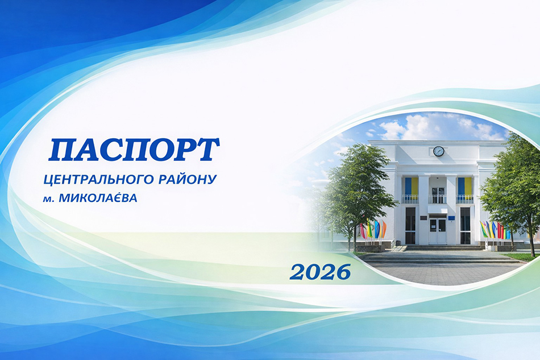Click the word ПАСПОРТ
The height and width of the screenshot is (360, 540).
[x=134, y=150]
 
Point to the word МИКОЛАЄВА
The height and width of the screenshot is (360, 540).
[x=98, y=198]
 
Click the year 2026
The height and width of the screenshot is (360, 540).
[x=320, y=272]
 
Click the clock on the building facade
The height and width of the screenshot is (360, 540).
[x=438, y=151]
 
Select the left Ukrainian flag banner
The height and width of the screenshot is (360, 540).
[x=411, y=187]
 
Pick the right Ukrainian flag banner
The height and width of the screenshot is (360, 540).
[x=464, y=187]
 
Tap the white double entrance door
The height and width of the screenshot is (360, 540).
[x=438, y=231]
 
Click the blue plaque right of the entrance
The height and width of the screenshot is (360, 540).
[x=450, y=218]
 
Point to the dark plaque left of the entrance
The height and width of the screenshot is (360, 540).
[x=422, y=217]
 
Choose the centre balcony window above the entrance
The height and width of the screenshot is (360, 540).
[x=438, y=195]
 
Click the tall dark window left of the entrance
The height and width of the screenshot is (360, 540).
[x=410, y=225]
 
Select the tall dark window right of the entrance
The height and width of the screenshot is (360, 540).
[x=465, y=225]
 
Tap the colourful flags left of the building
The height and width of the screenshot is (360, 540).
[x=373, y=229]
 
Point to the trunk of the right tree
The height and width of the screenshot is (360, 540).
[x=531, y=238]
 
